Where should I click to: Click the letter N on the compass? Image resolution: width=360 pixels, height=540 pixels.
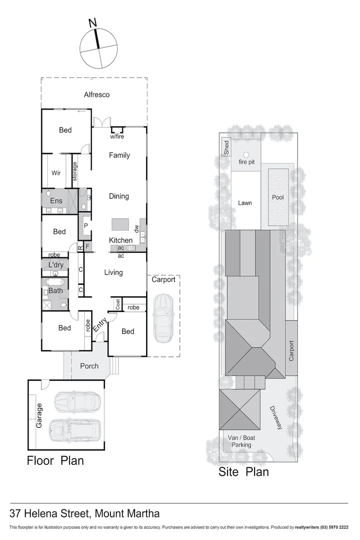(92, 22)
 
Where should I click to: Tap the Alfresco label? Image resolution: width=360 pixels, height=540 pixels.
(96, 94)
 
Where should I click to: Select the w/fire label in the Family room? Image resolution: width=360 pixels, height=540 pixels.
(118, 136)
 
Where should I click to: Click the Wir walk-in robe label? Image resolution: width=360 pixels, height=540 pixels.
(56, 173)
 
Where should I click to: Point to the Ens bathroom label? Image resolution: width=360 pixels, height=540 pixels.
(56, 201)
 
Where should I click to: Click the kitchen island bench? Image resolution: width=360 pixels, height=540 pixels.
(120, 223)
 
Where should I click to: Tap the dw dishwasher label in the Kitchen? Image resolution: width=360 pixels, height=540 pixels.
(136, 228)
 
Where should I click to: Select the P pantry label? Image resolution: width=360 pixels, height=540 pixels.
(85, 225)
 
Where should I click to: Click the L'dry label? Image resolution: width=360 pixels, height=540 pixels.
(56, 264)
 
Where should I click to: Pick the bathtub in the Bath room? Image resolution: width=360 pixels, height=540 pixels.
(54, 282)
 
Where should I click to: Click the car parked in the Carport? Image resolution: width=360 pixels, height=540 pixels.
(163, 318)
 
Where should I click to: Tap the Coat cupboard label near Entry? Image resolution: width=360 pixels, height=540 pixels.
(117, 304)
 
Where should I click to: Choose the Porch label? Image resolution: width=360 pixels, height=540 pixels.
(89, 366)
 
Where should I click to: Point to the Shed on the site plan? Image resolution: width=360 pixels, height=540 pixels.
(226, 146)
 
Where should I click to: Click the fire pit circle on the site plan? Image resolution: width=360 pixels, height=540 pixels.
(246, 155)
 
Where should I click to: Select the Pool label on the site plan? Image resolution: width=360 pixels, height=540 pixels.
(277, 197)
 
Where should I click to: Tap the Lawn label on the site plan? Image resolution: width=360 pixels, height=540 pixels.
(244, 203)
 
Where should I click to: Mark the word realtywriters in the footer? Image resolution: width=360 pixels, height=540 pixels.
(311, 527)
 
